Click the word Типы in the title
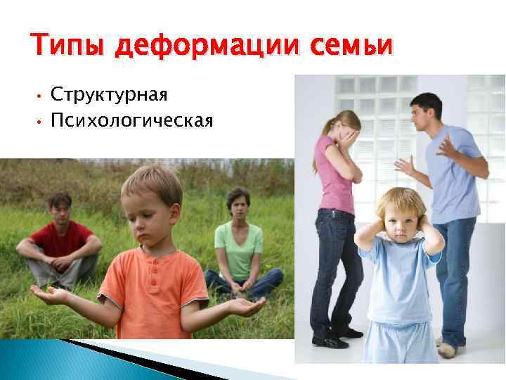click(x=66, y=46)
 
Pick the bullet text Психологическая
click(x=131, y=120)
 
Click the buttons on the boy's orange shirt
click(x=153, y=268)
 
